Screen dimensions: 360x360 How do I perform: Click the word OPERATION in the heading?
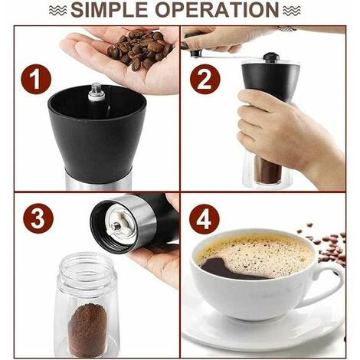point(222,11)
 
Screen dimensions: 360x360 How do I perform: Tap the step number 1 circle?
point(36,80)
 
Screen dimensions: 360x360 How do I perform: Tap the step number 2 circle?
point(205,80)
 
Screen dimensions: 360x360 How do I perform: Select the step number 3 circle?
point(36,220)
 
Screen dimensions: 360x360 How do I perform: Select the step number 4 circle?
point(205,220)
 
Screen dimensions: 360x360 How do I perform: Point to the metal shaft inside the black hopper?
point(97,93)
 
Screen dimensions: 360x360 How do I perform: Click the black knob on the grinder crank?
point(270,57)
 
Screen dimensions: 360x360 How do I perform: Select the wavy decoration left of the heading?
point(56,11)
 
